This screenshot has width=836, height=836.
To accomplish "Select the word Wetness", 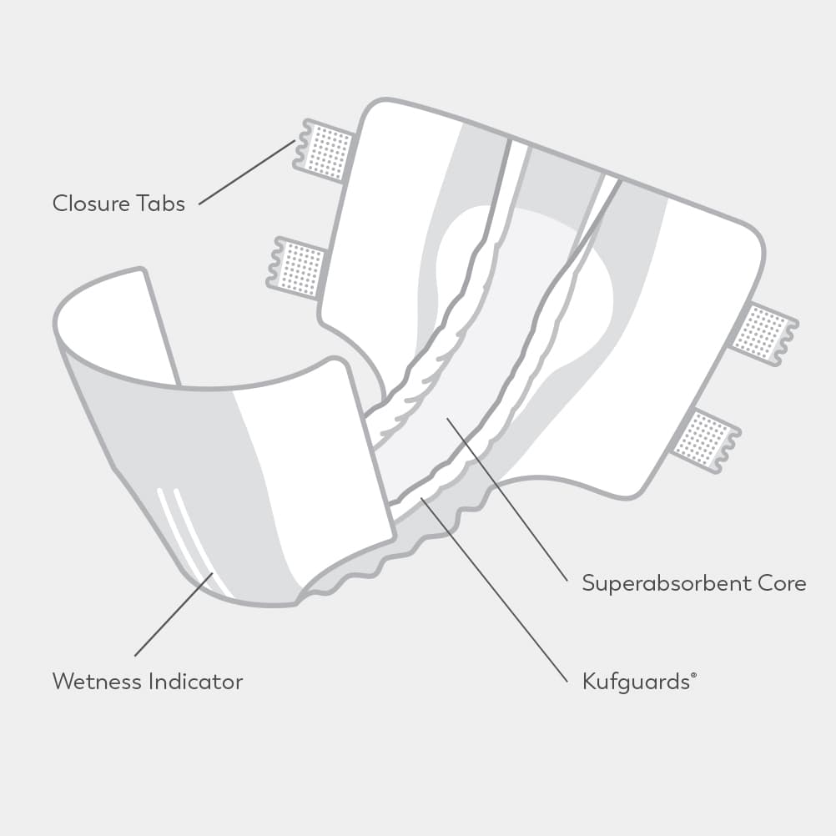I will tap(97, 682).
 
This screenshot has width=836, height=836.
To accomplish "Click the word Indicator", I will tap(196, 682).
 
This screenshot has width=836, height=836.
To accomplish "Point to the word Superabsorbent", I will tap(667, 583).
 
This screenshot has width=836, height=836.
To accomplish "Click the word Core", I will tap(783, 583).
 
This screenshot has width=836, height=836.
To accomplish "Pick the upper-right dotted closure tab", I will tap(762, 331).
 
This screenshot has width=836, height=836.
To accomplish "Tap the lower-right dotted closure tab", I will tap(703, 439).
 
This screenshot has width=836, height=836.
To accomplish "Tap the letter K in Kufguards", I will tap(588, 682).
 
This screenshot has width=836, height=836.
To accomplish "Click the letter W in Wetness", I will tap(63, 682).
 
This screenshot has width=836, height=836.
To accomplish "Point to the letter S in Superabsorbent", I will tap(588, 583).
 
